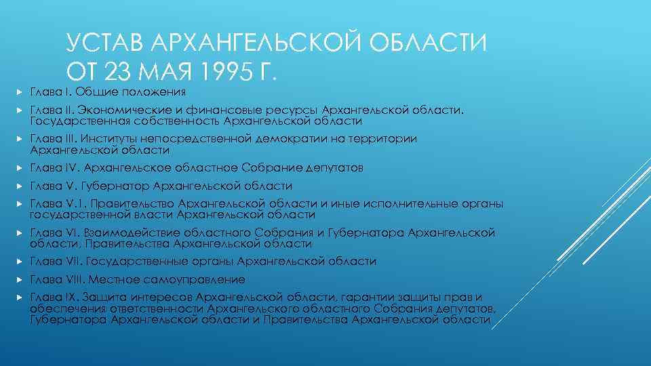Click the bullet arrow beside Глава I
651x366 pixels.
21,91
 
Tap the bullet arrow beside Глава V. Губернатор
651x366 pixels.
21,186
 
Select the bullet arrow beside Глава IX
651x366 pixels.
21,297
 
